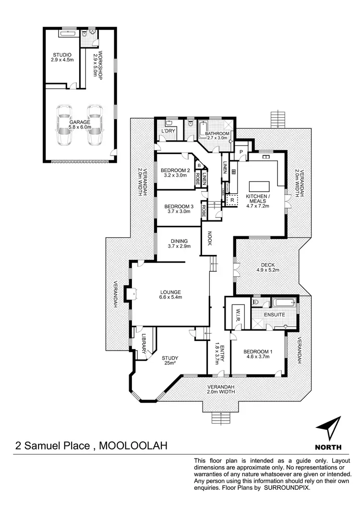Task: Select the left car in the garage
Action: (x=65, y=125)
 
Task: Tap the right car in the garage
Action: (x=95, y=125)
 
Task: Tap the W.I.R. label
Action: (x=237, y=316)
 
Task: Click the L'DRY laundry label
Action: (x=168, y=131)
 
